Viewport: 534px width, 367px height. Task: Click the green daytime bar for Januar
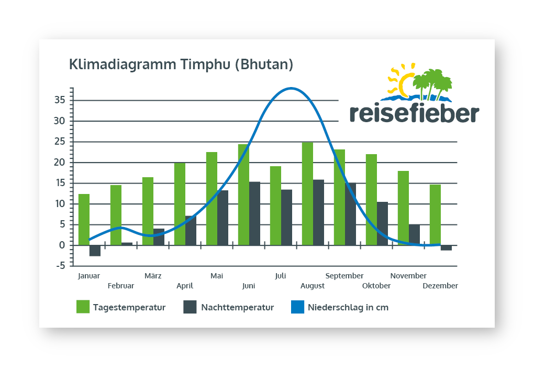coord(84,220)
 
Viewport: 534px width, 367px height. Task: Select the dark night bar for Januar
coord(95,251)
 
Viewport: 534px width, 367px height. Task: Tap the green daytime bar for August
coord(307,194)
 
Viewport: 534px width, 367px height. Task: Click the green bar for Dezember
coord(435,215)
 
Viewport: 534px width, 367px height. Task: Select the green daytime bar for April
coord(180,204)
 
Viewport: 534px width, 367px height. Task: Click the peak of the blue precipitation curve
coord(291,88)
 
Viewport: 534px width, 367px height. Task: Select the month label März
coord(153,276)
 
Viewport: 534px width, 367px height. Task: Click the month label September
coord(344,276)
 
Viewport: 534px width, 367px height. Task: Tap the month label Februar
coord(121,286)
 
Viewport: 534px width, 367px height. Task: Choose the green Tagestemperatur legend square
coord(83,307)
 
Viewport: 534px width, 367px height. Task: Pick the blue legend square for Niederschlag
coord(297,307)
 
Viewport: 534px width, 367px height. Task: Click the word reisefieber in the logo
coord(414,113)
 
